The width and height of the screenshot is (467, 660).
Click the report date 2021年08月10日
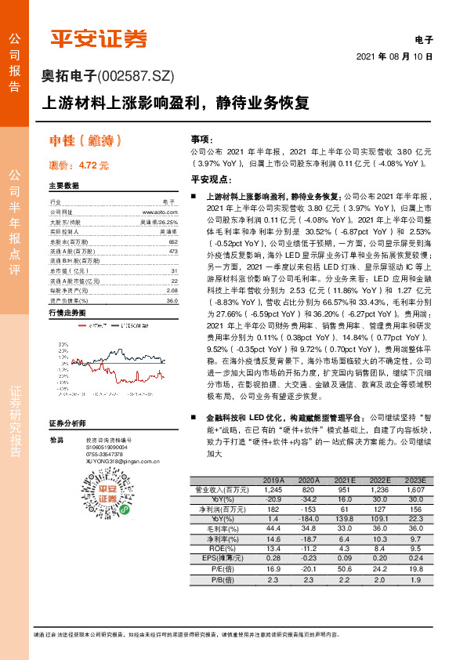pyautogui.click(x=394, y=57)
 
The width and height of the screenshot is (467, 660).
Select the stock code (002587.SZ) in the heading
pyautogui.click(x=134, y=75)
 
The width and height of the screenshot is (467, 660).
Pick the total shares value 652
pyautogui.click(x=173, y=242)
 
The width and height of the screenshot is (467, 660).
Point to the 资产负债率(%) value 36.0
pyautogui.click(x=172, y=300)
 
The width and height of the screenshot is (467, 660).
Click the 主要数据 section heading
pyautogui.click(x=64, y=187)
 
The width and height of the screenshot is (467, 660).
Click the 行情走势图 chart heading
pyautogui.click(x=67, y=313)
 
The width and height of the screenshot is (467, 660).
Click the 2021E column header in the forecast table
pyautogui.click(x=346, y=480)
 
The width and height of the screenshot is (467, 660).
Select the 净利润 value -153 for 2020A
pyautogui.click(x=310, y=509)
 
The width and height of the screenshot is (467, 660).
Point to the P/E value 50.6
pyautogui.click(x=346, y=568)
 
